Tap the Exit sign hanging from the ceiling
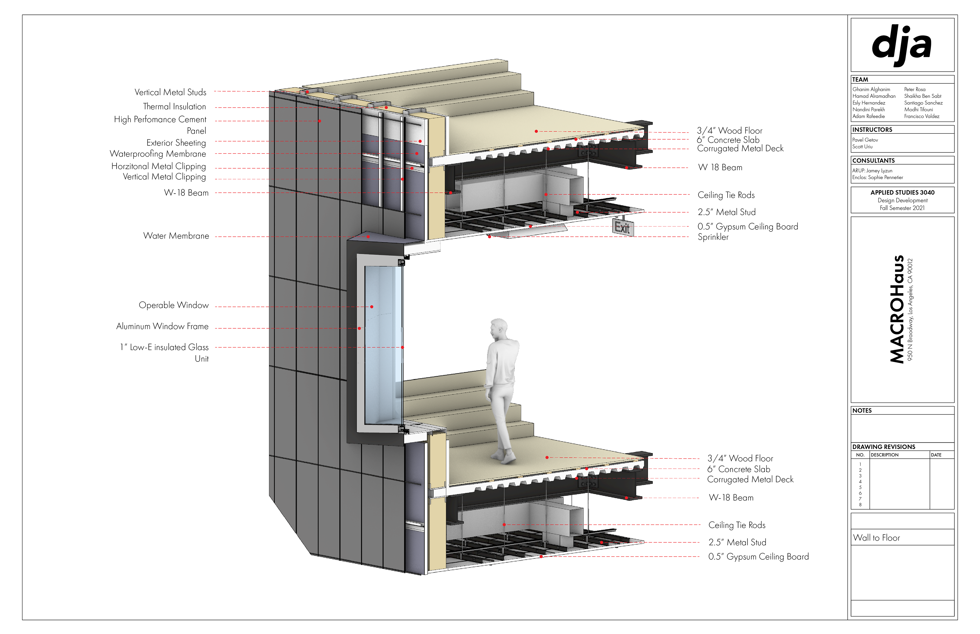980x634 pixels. tap(622, 227)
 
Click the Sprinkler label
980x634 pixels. tap(713, 237)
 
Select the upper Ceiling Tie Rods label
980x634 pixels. tap(726, 195)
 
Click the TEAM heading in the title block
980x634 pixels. tap(860, 79)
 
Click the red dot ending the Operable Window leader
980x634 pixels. tap(371, 307)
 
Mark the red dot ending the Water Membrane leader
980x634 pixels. tap(368, 237)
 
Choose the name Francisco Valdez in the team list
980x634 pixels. tap(922, 117)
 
